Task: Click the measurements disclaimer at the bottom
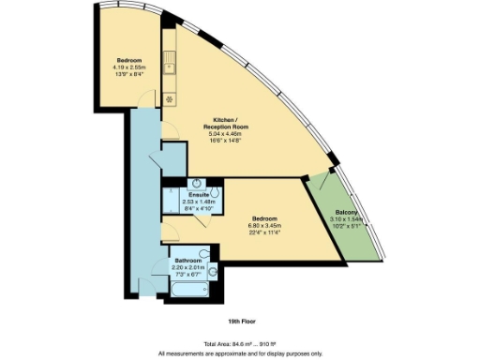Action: tap(239, 352)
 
